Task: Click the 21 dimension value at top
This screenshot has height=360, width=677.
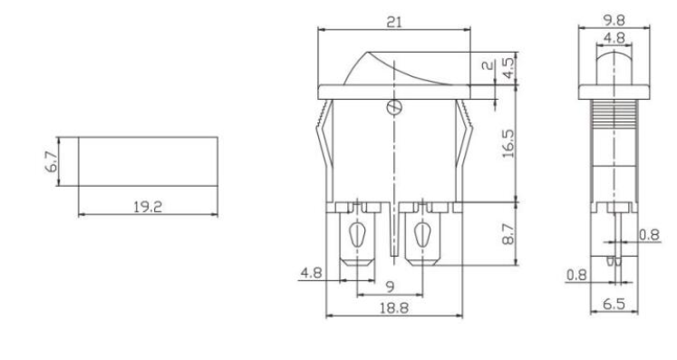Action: (x=393, y=22)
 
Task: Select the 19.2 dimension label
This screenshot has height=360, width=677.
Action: (x=148, y=207)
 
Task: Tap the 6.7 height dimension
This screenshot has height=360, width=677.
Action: (x=51, y=161)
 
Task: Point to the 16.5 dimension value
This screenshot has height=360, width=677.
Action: (x=508, y=143)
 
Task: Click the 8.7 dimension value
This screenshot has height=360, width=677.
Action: (x=508, y=234)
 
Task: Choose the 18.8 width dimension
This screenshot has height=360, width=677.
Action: (x=393, y=308)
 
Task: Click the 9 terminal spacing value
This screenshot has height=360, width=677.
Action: (x=390, y=287)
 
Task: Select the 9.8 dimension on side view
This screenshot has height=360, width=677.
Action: (x=614, y=20)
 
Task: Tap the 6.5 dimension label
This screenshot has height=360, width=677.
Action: (x=614, y=304)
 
